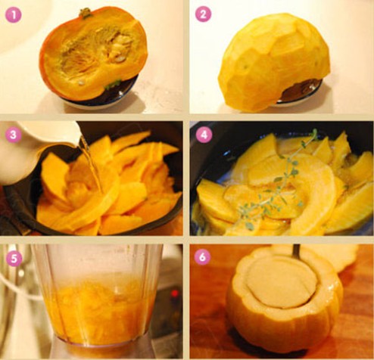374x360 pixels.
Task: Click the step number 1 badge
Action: [x=13, y=14]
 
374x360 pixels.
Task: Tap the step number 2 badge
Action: [x=203, y=14]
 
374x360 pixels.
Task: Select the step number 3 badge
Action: [x=14, y=135]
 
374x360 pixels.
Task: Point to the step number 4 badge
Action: [x=204, y=135]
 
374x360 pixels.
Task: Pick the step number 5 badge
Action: [x=14, y=258]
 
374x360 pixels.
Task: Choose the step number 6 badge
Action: [x=202, y=257]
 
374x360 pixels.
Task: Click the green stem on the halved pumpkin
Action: [x=86, y=13]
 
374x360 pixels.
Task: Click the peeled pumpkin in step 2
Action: [x=274, y=62]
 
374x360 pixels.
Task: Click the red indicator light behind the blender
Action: [x=175, y=293]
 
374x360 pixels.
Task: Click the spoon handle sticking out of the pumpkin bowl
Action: [x=297, y=252]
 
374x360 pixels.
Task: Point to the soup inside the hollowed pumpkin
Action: [x=282, y=281]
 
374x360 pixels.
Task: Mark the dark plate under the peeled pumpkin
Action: [x=301, y=93]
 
